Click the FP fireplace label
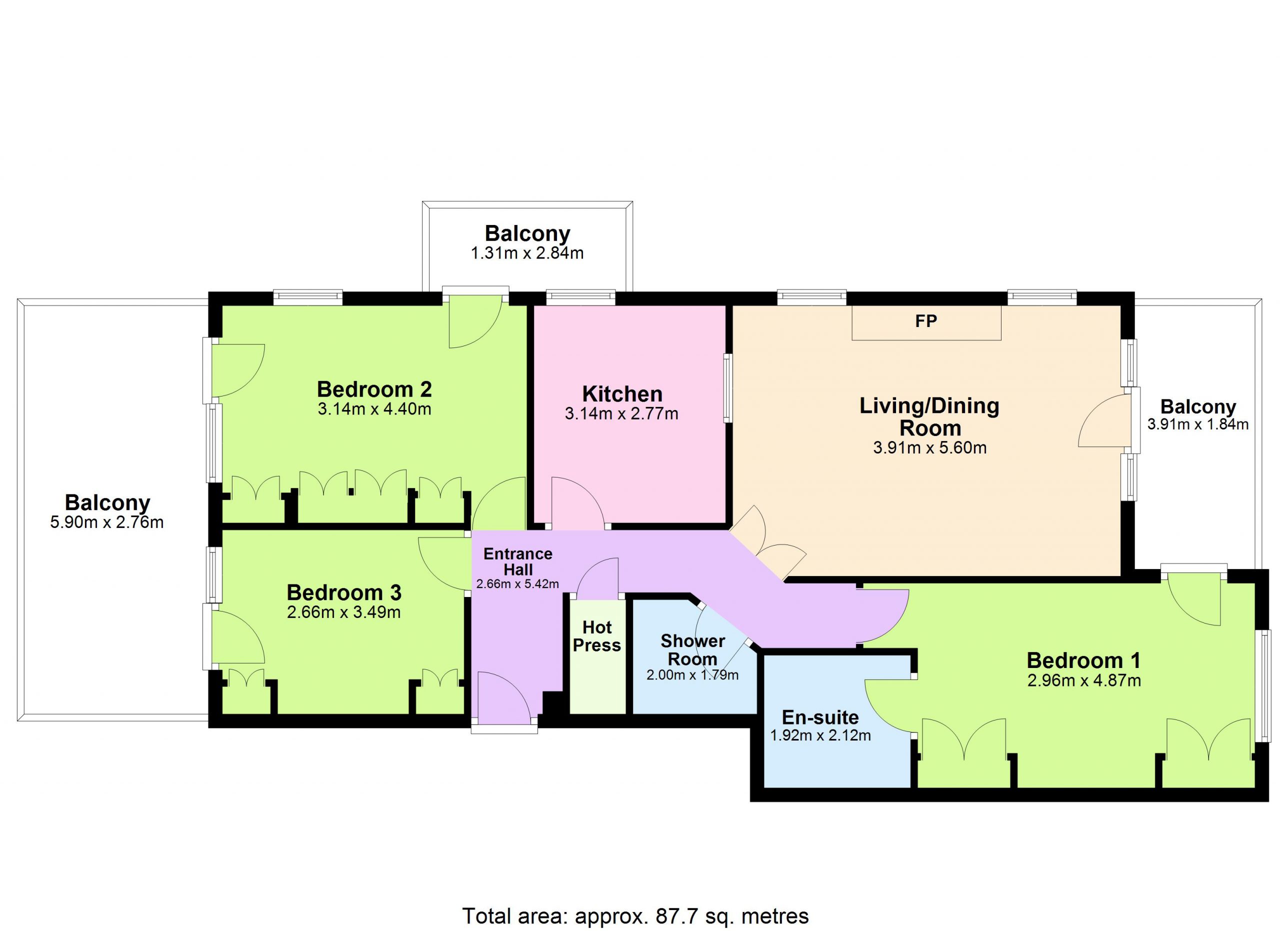pyautogui.click(x=926, y=321)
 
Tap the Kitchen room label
pyautogui.click(x=622, y=394)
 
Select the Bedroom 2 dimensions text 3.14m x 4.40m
pyautogui.click(x=374, y=409)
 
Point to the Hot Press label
pyautogui.click(x=596, y=636)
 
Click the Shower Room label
pyautogui.click(x=692, y=650)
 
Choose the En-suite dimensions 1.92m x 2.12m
pyautogui.click(x=820, y=735)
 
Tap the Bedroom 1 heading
pyautogui.click(x=1083, y=660)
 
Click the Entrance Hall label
pyautogui.click(x=517, y=561)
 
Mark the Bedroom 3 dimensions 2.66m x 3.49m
pyautogui.click(x=343, y=612)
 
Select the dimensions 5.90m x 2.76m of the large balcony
pyautogui.click(x=106, y=522)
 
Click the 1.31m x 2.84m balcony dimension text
pyautogui.click(x=527, y=253)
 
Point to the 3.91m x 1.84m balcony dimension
pyautogui.click(x=1197, y=424)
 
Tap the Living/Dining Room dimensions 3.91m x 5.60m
pyautogui.click(x=929, y=448)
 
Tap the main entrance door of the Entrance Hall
pyautogui.click(x=504, y=697)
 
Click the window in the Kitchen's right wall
pyautogui.click(x=727, y=387)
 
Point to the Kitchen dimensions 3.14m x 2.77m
pyautogui.click(x=621, y=413)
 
